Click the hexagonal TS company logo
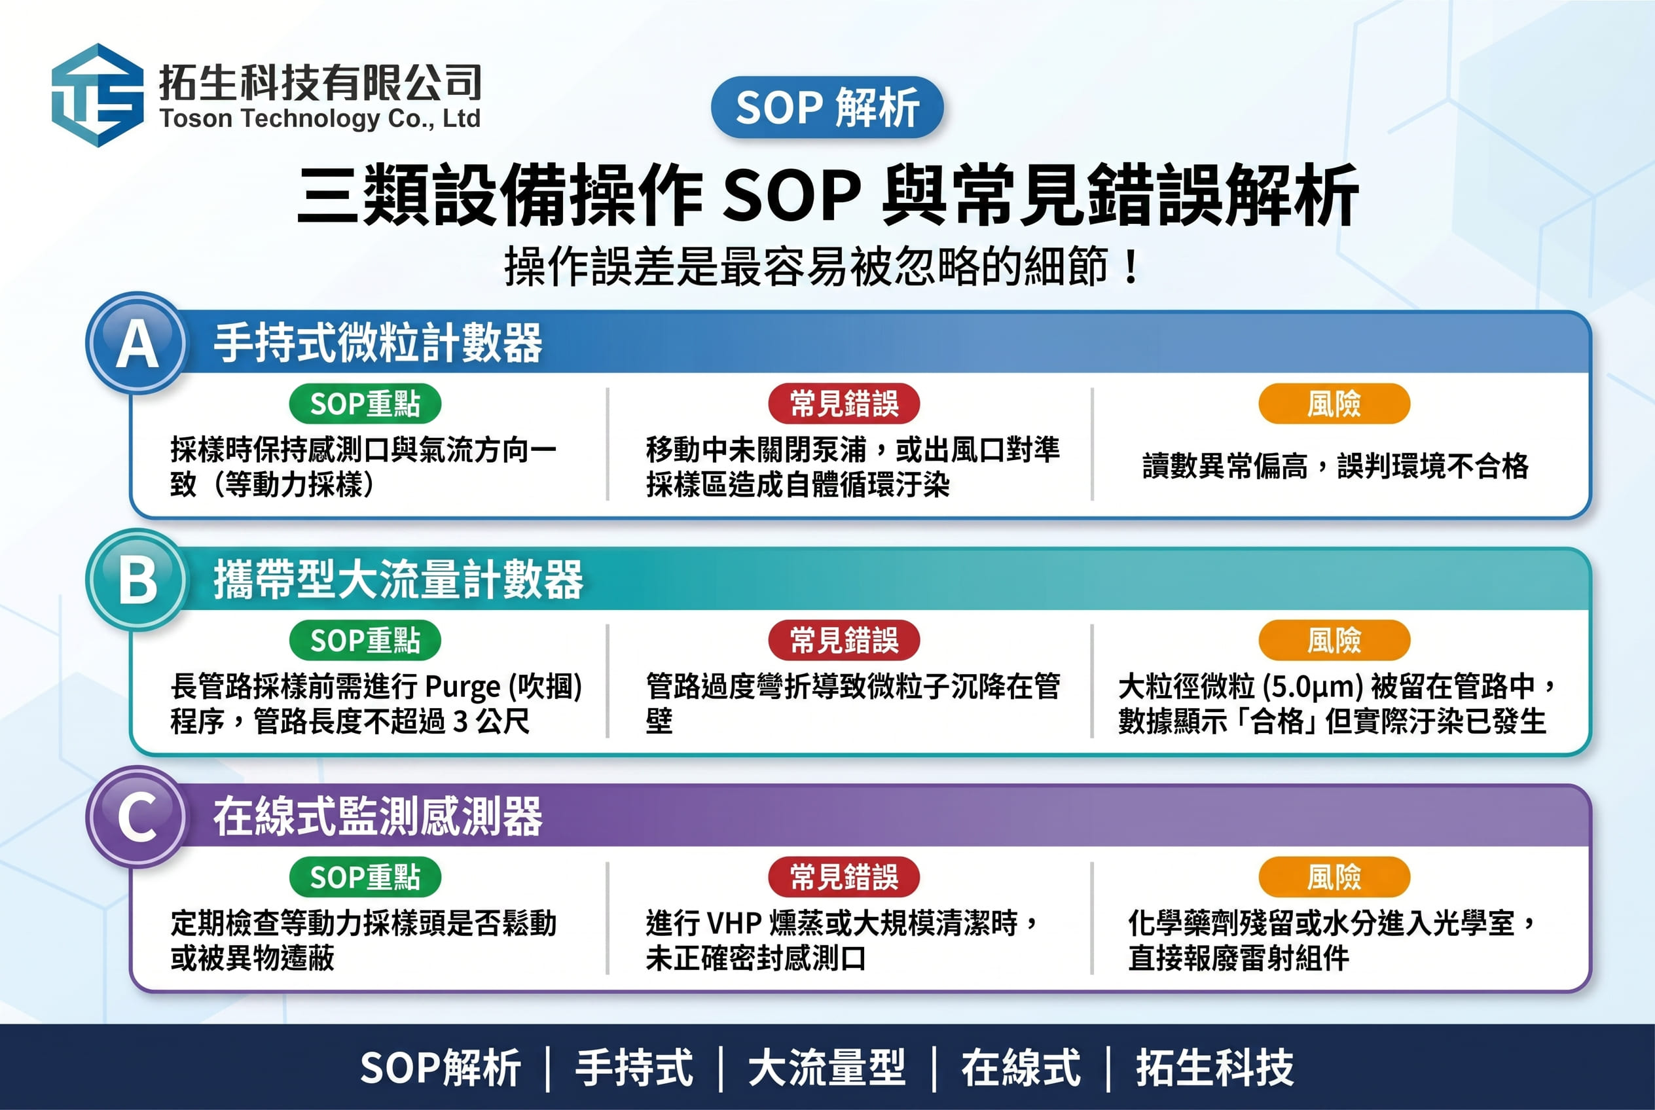(x=98, y=95)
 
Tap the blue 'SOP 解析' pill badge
(x=827, y=107)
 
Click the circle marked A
(x=137, y=344)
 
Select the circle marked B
(x=137, y=580)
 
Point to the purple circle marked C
(x=137, y=817)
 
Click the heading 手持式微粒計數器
(x=378, y=344)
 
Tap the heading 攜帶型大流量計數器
(x=399, y=580)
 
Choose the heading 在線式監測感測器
(x=378, y=817)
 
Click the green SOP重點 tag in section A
(x=365, y=404)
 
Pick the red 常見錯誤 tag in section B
(x=844, y=640)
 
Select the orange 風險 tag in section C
(x=1334, y=877)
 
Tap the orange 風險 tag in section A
(x=1334, y=404)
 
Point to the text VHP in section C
(x=735, y=923)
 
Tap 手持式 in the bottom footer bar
(x=634, y=1067)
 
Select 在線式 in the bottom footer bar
(x=1021, y=1067)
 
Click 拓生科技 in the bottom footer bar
(x=1214, y=1067)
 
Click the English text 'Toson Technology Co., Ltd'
(x=320, y=118)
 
